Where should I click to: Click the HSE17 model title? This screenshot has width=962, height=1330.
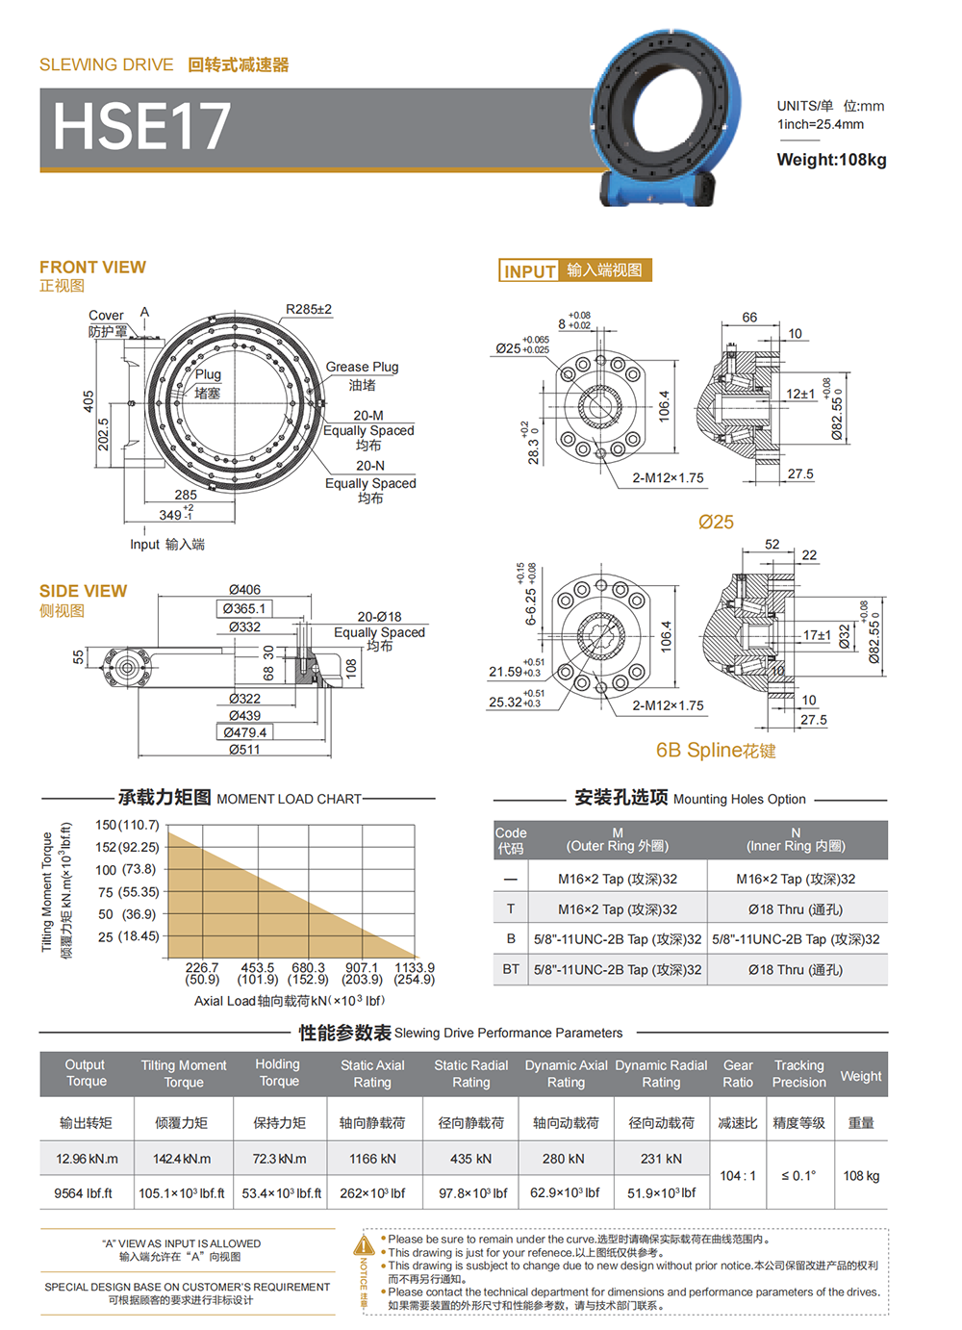pos(141,126)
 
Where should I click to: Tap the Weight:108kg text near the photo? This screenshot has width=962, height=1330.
pos(831,160)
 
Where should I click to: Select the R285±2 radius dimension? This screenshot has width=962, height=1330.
pos(309,309)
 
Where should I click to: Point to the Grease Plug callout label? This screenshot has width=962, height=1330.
pos(362,367)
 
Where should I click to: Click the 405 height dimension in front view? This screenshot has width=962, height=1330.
pos(89,401)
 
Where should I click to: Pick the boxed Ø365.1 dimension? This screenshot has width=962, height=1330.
pos(244,608)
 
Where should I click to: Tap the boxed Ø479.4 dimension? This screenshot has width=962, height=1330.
pos(244,732)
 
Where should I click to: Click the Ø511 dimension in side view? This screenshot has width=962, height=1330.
pos(244,750)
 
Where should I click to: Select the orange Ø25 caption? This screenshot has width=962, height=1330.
pos(716,522)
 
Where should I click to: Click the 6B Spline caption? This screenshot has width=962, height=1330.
pos(716,751)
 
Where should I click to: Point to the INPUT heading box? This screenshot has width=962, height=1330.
pos(575,270)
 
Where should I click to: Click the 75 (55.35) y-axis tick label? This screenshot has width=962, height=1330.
pos(129,892)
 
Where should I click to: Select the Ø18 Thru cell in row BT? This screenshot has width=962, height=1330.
pos(796,970)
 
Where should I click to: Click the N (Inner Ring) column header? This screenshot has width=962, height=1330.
pos(796,839)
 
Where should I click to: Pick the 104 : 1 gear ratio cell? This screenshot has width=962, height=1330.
pos(738,1176)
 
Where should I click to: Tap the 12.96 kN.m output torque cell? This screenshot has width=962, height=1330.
pos(87,1159)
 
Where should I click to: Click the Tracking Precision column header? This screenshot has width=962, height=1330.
pos(798,1073)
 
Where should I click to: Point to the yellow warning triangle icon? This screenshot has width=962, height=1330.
pos(364,1244)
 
